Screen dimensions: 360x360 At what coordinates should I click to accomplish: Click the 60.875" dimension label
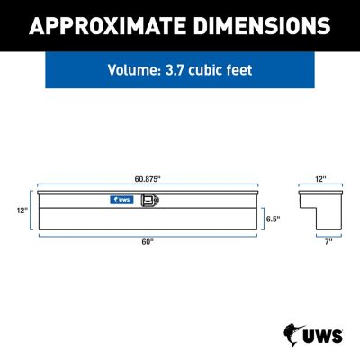coord(149,179)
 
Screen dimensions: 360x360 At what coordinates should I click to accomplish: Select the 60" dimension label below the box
coord(148,240)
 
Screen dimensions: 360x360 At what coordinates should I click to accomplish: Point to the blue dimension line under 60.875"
coord(148,185)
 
